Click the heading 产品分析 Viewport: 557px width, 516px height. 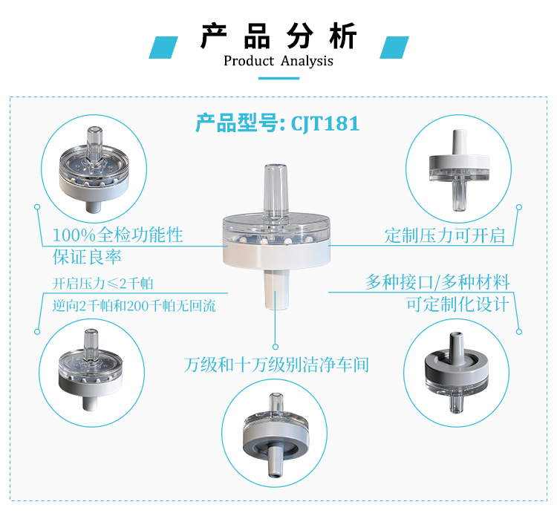pyautogui.click(x=278, y=36)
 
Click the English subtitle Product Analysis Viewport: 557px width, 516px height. pyautogui.click(x=278, y=61)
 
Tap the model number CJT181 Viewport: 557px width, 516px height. pyautogui.click(x=325, y=123)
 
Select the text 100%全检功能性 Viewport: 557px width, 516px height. pyautogui.click(x=117, y=235)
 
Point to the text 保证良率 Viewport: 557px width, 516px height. pyautogui.click(x=87, y=257)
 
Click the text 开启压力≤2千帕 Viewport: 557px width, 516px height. pyautogui.click(x=102, y=284)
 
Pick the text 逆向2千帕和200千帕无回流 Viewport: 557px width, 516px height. pyautogui.click(x=134, y=306)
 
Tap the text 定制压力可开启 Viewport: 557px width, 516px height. pyautogui.click(x=445, y=235)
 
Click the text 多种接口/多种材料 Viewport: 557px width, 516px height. pyautogui.click(x=437, y=282)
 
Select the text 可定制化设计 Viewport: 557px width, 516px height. pyautogui.click(x=458, y=304)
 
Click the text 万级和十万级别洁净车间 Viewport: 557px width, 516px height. pyautogui.click(x=276, y=365)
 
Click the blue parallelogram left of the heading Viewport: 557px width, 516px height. pyautogui.click(x=163, y=48)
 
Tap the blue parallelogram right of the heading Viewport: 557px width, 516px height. pyautogui.click(x=394, y=48)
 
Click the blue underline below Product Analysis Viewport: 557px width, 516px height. pyautogui.click(x=278, y=78)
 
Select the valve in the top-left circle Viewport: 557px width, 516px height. pyautogui.click(x=94, y=169)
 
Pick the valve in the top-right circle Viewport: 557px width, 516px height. pyautogui.click(x=459, y=170)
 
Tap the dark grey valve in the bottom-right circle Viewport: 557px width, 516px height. pyautogui.click(x=457, y=373)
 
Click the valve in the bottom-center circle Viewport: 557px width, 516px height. pyautogui.click(x=276, y=435)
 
